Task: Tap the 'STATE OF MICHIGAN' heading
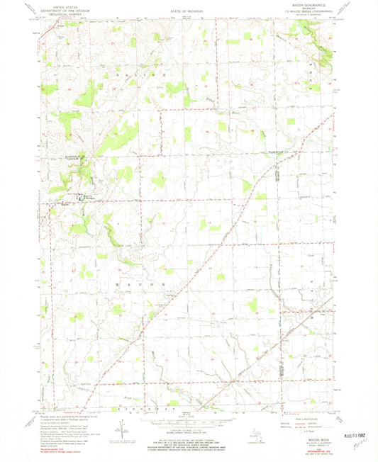[x=187, y=13]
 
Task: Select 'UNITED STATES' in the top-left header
[x=59, y=4]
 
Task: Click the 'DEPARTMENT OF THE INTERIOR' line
[x=59, y=8]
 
